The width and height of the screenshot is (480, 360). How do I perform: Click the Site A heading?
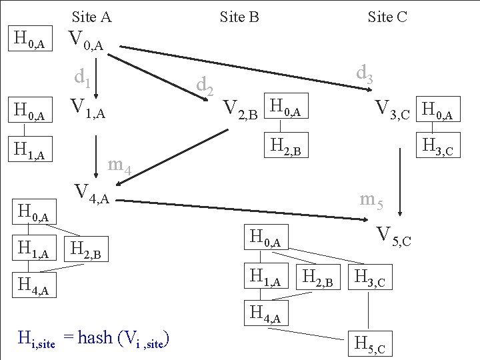click(x=92, y=17)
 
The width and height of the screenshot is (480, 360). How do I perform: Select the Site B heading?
click(x=239, y=17)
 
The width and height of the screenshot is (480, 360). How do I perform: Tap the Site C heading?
click(x=387, y=17)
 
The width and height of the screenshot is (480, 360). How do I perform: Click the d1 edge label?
click(x=83, y=79)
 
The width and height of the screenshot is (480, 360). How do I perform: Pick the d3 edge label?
click(x=365, y=73)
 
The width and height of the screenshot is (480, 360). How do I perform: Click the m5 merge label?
click(x=371, y=199)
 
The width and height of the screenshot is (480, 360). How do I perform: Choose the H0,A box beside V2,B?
click(x=287, y=106)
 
